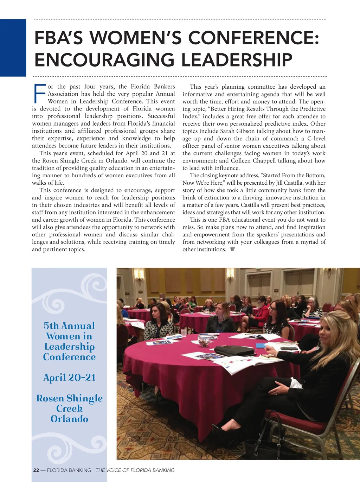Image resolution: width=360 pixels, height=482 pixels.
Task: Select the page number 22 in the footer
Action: [36, 470]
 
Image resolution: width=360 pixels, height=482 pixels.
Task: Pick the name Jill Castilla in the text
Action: [289, 183]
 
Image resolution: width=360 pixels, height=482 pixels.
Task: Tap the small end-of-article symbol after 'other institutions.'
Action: [232, 249]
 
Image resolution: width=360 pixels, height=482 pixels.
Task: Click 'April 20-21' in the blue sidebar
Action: [69, 378]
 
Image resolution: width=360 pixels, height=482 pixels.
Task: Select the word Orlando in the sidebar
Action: [69, 419]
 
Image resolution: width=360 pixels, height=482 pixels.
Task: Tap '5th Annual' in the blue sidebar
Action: [69, 326]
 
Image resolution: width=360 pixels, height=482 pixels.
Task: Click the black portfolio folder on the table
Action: [234, 350]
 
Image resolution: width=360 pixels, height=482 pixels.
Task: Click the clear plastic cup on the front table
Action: [183, 332]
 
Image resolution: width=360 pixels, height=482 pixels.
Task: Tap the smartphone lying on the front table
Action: [289, 349]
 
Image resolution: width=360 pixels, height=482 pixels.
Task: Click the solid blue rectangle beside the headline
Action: [13, 48]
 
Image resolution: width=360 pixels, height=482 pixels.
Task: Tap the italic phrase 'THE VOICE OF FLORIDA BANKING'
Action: [135, 470]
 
